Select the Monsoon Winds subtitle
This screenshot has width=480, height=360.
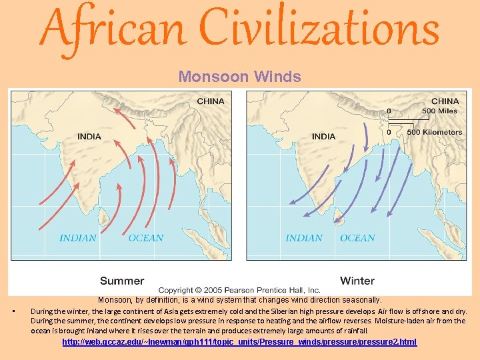click(239, 77)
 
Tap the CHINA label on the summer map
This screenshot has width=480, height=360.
click(211, 101)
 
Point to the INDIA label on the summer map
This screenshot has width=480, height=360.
click(89, 137)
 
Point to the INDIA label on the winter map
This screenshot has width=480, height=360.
click(323, 137)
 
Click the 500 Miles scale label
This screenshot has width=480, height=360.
click(440, 111)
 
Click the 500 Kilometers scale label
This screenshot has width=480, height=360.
click(434, 132)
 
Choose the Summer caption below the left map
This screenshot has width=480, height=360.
click(122, 281)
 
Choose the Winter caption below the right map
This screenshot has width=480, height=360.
click(357, 281)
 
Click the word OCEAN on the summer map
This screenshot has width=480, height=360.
click(145, 238)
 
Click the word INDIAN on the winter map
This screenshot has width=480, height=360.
click(305, 238)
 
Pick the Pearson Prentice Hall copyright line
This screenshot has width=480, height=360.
click(240, 291)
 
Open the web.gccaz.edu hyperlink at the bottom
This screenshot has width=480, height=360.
click(239, 342)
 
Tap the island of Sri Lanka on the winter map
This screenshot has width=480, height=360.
click(339, 215)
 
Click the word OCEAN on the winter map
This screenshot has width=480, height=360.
click(357, 238)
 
